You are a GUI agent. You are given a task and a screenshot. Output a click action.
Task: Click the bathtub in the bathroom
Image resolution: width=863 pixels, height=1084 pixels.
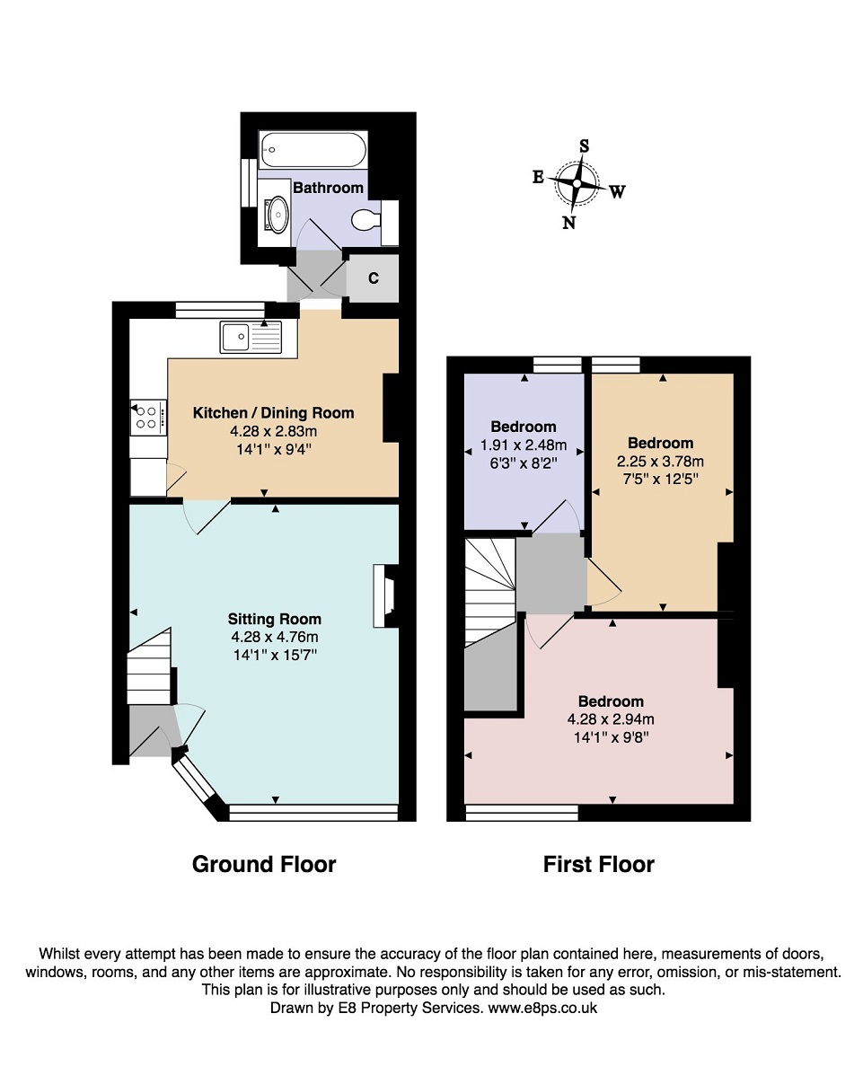click(313, 149)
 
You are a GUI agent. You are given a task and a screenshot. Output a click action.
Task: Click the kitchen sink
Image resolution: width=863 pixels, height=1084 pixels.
click(251, 337)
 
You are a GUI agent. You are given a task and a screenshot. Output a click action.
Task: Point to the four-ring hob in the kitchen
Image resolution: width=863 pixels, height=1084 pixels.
click(148, 417)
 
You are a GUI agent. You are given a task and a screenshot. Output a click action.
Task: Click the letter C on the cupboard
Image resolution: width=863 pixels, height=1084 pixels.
click(373, 278)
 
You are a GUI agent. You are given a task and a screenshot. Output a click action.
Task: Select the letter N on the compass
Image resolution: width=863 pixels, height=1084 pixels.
click(568, 222)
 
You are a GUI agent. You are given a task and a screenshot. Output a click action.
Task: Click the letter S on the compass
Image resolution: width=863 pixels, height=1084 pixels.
click(584, 145)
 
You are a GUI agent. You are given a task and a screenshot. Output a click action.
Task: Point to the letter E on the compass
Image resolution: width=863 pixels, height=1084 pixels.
click(538, 177)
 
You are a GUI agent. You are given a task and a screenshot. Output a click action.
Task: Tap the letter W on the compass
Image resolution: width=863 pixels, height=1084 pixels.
click(618, 191)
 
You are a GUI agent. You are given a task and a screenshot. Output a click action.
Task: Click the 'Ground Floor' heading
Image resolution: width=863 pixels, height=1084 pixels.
click(264, 864)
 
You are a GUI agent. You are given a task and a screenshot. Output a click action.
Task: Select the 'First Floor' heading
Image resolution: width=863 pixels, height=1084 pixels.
click(598, 864)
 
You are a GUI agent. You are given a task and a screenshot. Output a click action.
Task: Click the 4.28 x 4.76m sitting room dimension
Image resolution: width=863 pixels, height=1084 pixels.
click(275, 637)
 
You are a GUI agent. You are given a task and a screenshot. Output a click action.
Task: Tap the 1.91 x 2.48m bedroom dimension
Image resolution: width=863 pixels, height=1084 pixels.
click(524, 445)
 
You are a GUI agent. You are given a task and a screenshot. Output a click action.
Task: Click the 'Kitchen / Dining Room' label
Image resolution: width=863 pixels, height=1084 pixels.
click(274, 412)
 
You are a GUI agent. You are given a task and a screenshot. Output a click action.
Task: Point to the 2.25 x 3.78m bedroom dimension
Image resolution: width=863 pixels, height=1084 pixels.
click(660, 461)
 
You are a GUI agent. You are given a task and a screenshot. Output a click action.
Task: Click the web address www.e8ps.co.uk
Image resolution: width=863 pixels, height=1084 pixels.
click(542, 1008)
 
